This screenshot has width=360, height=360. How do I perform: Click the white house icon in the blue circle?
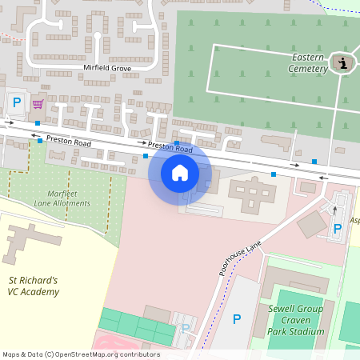[x=180, y=172]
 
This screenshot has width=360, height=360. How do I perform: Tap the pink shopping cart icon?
[x=38, y=103]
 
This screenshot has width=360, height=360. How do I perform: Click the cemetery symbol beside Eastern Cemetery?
[x=344, y=63]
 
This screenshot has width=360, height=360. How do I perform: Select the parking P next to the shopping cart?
[x=17, y=102]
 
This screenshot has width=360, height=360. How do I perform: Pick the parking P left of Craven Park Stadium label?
[x=236, y=319]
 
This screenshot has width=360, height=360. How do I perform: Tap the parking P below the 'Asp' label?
[x=337, y=229]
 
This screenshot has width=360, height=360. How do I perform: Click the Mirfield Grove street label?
[x=107, y=69]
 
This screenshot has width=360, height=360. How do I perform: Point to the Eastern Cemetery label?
[x=309, y=63]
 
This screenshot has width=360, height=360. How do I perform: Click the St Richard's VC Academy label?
[x=34, y=286]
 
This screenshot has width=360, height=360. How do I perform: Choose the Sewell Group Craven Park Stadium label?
[x=296, y=320]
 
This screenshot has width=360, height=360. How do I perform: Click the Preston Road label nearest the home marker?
[x=170, y=147]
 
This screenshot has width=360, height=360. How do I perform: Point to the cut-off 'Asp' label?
[x=354, y=219]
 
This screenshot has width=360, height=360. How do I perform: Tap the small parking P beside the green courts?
[x=186, y=328]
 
